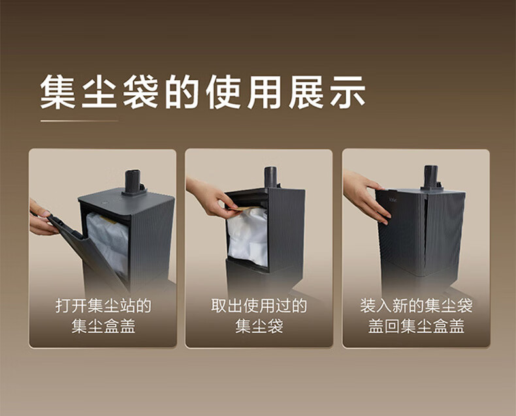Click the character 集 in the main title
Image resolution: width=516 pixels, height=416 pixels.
(57, 92)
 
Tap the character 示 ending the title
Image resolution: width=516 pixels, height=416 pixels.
(348, 92)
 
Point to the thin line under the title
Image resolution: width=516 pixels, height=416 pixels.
(79, 121)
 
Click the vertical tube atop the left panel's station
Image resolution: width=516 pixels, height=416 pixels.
(132, 182)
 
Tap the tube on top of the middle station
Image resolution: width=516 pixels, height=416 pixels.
(271, 177)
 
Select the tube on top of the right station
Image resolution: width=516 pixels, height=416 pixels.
(431, 177)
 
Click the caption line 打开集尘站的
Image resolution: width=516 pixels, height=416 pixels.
(103, 306)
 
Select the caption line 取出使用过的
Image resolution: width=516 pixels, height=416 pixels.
(259, 306)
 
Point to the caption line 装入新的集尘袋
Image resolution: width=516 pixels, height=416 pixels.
(416, 306)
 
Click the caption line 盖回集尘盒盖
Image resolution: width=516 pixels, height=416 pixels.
(416, 326)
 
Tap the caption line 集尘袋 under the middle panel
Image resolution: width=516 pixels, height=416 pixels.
(259, 326)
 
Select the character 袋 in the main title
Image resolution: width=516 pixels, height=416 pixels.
(140, 92)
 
